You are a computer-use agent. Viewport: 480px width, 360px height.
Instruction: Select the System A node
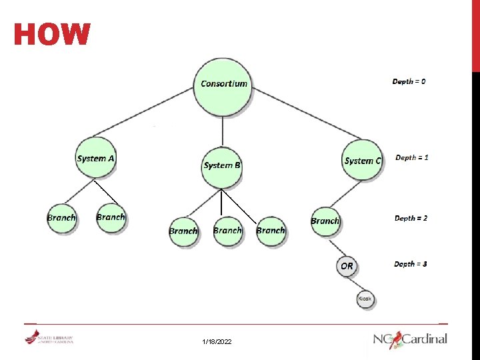click(x=95, y=159)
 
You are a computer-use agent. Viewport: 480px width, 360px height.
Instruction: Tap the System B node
click(x=222, y=165)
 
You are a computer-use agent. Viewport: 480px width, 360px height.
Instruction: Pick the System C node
click(x=363, y=160)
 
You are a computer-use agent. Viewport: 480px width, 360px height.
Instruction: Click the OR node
click(x=347, y=266)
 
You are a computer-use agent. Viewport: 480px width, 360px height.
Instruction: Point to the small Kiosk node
click(x=365, y=299)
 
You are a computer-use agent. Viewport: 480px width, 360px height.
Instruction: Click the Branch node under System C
click(x=325, y=221)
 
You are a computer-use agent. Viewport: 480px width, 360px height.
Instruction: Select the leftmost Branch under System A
click(x=61, y=218)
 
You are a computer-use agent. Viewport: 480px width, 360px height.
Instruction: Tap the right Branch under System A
click(x=111, y=217)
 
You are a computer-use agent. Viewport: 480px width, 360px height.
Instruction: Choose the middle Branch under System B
click(x=227, y=231)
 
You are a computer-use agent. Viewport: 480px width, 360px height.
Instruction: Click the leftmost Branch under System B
click(x=183, y=231)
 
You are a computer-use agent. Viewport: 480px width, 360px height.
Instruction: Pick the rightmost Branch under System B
click(x=271, y=231)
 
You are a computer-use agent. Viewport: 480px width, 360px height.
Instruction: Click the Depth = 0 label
click(x=409, y=81)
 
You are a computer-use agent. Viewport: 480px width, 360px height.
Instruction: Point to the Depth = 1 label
click(x=412, y=158)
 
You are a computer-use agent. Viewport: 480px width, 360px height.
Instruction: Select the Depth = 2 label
click(x=411, y=218)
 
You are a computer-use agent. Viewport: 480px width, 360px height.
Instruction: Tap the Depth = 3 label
click(x=411, y=264)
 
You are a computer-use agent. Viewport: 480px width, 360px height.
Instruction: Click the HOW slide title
click(x=52, y=35)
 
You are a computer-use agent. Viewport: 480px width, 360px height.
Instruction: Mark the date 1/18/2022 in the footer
click(x=217, y=341)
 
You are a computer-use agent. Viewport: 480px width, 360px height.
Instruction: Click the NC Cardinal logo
click(x=410, y=339)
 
